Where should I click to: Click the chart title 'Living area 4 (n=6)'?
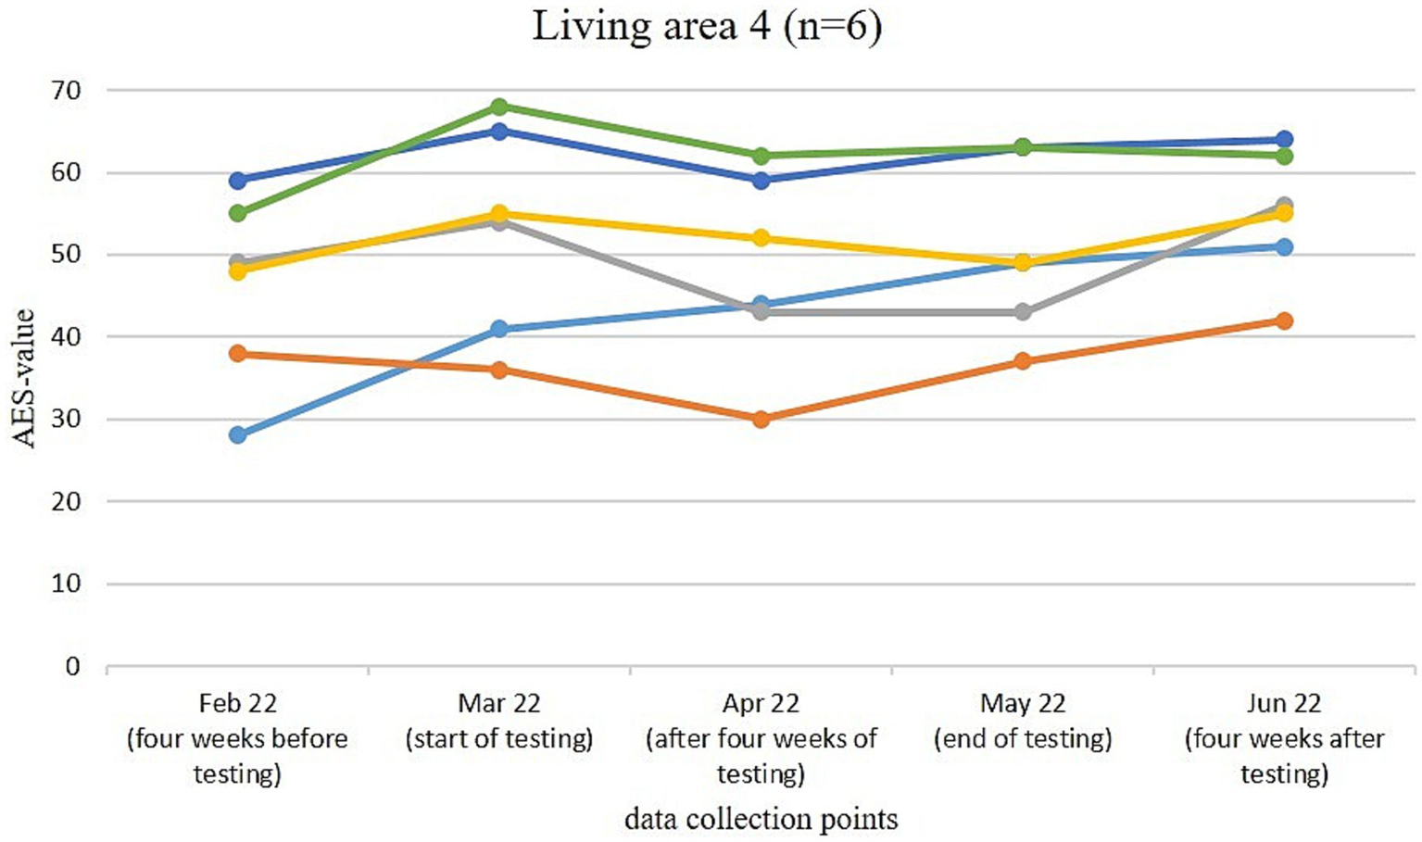click(706, 25)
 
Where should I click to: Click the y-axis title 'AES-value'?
click(24, 378)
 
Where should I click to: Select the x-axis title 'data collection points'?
click(761, 819)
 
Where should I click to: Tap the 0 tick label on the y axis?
click(72, 667)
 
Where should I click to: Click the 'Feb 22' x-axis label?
click(237, 704)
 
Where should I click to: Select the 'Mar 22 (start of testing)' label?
click(499, 722)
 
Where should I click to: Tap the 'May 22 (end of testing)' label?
click(1023, 722)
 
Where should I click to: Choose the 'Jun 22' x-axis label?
click(1284, 704)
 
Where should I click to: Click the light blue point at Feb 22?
click(238, 435)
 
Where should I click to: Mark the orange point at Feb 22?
click(238, 353)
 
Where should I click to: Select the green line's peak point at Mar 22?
click(499, 107)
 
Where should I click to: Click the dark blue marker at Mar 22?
click(499, 132)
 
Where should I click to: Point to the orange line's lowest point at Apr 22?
click(761, 419)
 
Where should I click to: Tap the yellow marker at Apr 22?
click(761, 238)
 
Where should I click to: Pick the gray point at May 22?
click(1023, 312)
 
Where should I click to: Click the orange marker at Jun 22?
click(1284, 320)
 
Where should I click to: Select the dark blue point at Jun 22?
click(1284, 140)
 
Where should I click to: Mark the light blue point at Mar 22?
click(499, 329)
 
